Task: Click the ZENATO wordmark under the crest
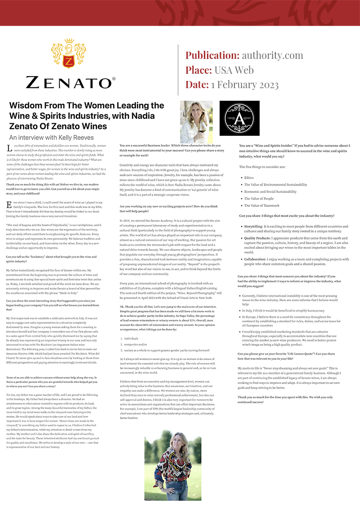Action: pos(70,83)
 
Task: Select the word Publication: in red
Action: pos(212,55)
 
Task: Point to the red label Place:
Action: pos(198,70)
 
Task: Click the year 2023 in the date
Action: pos(264,85)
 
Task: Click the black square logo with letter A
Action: pos(239,121)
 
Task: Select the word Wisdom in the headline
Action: pos(27,106)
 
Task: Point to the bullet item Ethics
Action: pos(249,178)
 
